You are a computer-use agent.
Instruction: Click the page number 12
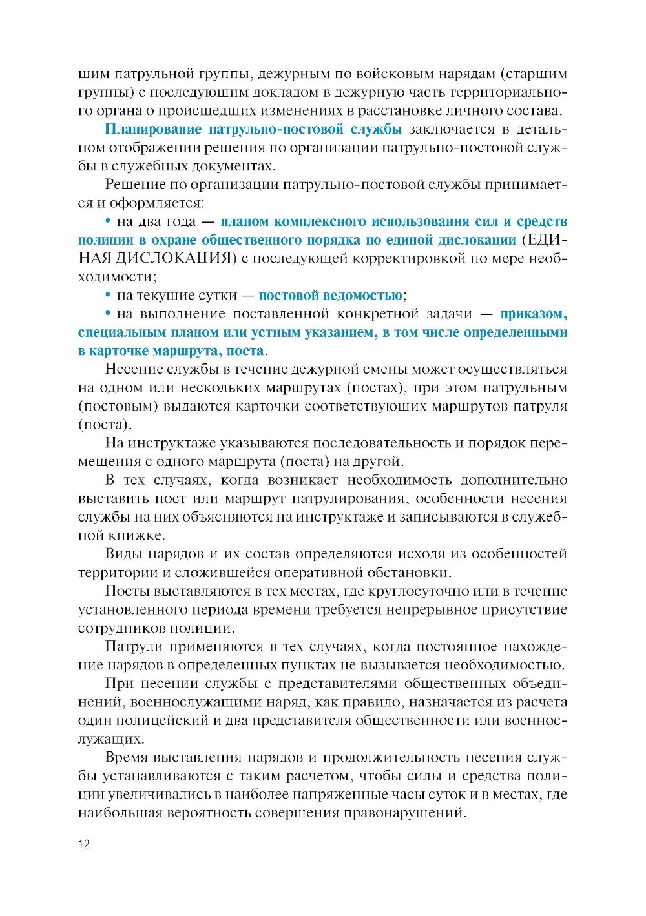[x=84, y=844]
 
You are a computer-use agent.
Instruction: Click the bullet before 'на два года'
[x=109, y=221]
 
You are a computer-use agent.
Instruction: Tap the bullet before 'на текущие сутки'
[x=109, y=296]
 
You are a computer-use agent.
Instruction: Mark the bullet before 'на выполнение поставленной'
[x=109, y=314]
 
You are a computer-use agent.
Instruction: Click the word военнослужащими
[x=187, y=702]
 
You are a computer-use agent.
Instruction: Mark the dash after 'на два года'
[x=208, y=221]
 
